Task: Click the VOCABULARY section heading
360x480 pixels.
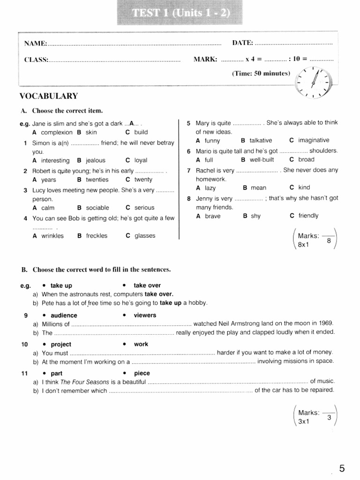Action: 48,96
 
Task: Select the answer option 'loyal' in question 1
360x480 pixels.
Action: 141,160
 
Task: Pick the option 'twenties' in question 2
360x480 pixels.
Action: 97,180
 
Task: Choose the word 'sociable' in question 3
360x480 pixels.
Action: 97,208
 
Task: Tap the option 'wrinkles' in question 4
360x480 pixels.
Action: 52,236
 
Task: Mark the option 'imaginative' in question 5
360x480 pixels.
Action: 314,140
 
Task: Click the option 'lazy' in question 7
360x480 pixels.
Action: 210,188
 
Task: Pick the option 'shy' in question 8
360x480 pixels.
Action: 255,216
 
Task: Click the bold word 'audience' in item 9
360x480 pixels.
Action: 64,315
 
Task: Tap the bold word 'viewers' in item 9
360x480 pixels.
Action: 145,315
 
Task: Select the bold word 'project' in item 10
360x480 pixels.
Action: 61,344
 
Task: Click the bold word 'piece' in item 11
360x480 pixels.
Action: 142,373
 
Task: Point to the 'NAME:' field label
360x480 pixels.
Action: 36,44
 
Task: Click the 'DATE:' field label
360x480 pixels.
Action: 243,43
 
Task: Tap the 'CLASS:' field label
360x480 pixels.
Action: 36,60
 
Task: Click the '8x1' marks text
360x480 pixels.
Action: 304,245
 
